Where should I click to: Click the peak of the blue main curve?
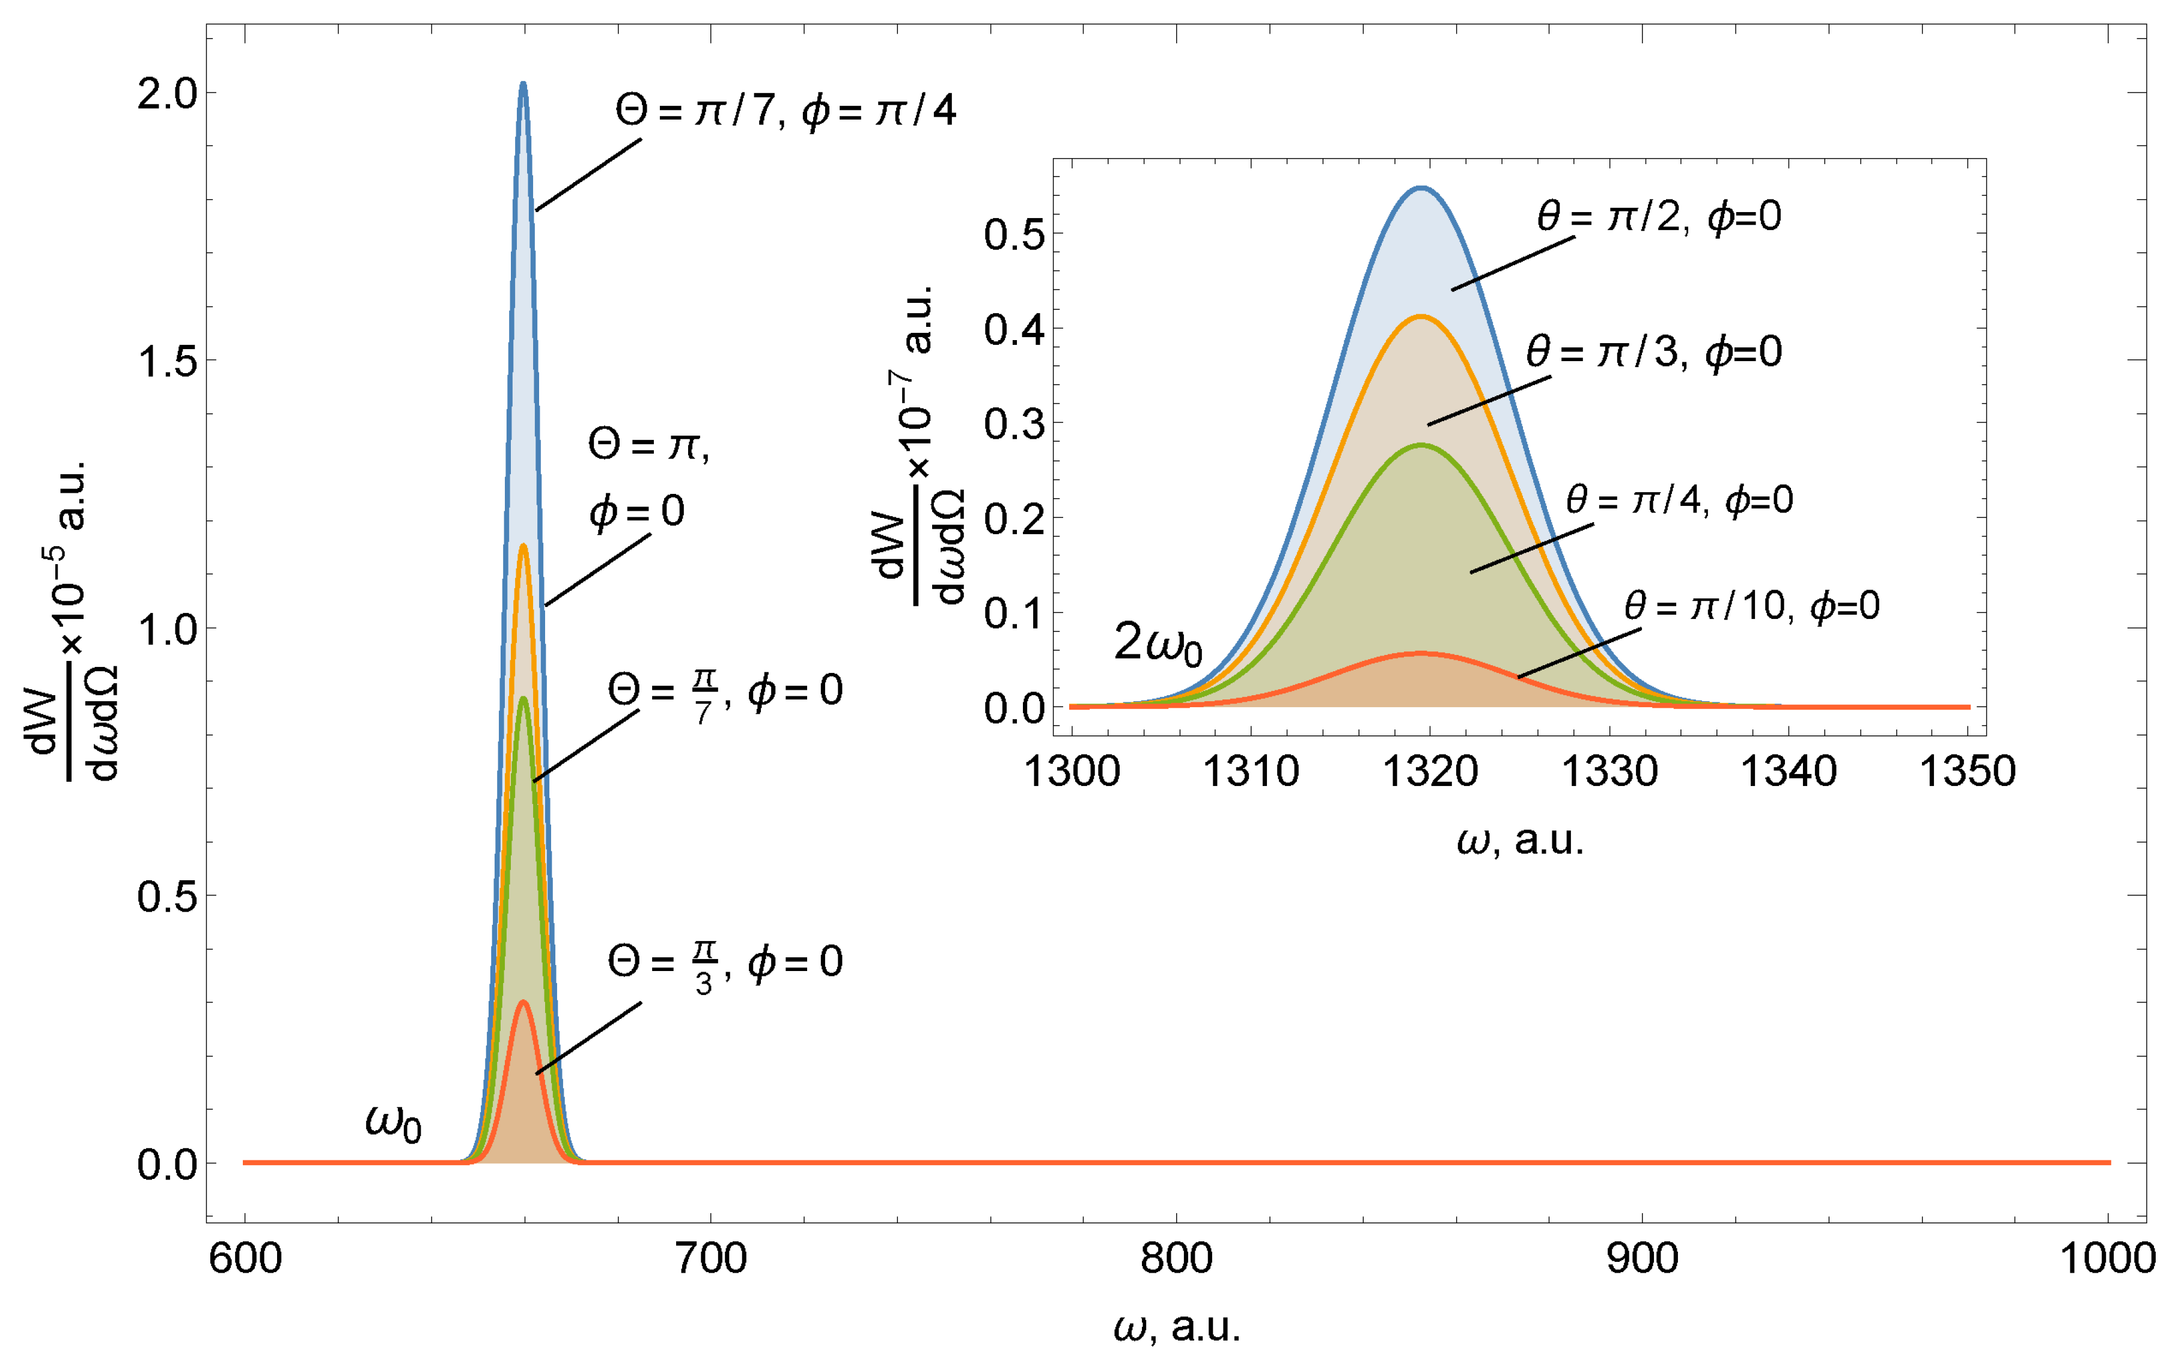click(x=523, y=84)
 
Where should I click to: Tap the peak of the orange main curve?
click(x=523, y=545)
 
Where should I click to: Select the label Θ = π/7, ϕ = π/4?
click(x=785, y=112)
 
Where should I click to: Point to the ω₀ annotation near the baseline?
click(x=393, y=1123)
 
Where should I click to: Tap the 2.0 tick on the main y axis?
click(x=168, y=94)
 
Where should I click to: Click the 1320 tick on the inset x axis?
click(x=1430, y=772)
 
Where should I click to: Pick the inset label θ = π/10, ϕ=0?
click(x=1752, y=606)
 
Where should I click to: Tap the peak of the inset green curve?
click(x=1421, y=445)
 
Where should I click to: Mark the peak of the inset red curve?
click(x=1421, y=652)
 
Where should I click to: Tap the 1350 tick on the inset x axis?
click(x=1967, y=772)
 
